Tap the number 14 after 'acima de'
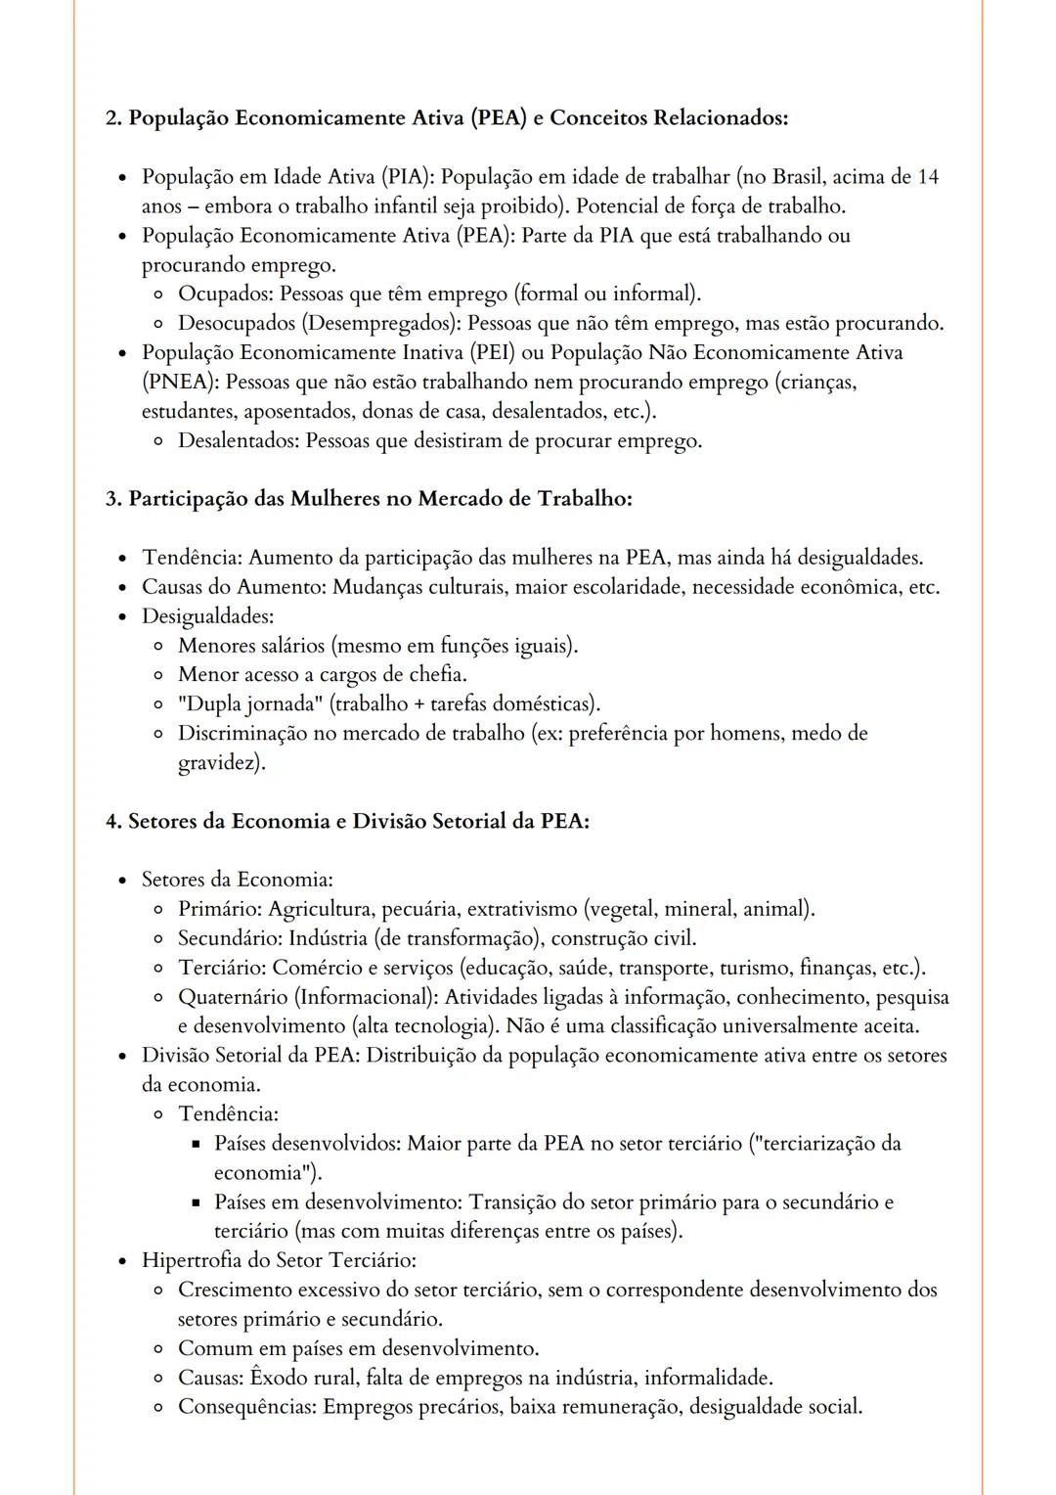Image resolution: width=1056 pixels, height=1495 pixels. pyautogui.click(x=928, y=177)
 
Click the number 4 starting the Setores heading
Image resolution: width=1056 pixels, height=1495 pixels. pyautogui.click(x=111, y=821)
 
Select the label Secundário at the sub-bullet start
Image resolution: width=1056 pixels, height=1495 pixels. pyautogui.click(x=230, y=938)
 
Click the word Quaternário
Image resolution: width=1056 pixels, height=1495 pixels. pyautogui.click(x=234, y=997)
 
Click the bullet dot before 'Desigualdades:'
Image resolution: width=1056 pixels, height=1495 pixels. pyautogui.click(x=121, y=617)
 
